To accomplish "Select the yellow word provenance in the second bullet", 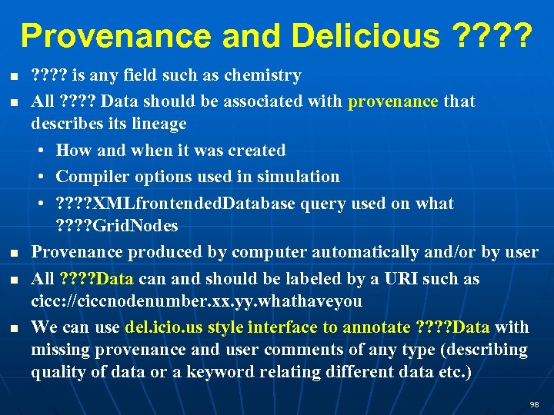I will pos(393,101).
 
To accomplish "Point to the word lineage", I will pos(159,124).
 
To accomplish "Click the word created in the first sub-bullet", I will pos(255,151).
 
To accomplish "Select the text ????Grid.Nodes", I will pos(116,226).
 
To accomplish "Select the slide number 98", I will pos(534,404).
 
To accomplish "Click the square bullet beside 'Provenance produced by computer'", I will pos(15,254).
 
